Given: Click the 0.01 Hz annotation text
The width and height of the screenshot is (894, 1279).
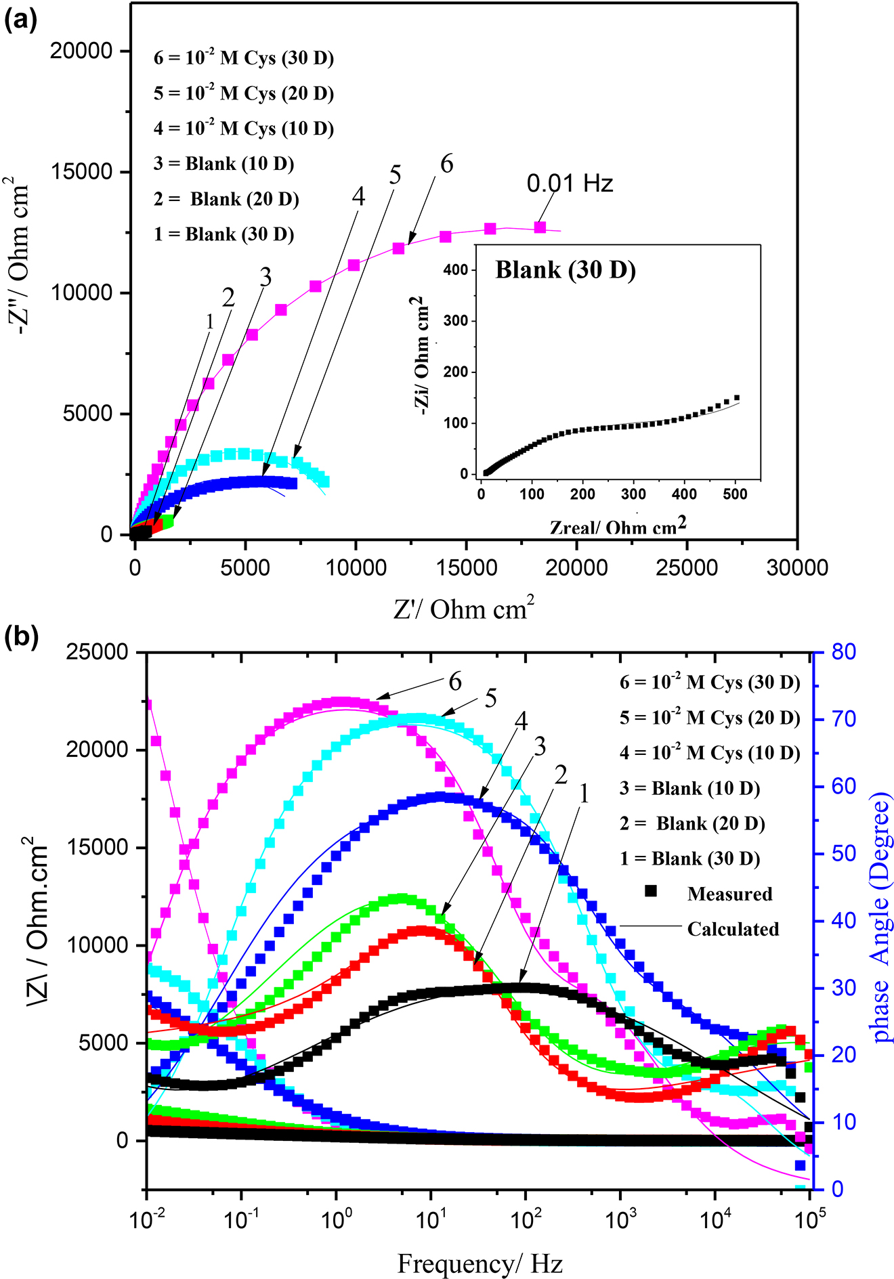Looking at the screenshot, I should pyautogui.click(x=570, y=183).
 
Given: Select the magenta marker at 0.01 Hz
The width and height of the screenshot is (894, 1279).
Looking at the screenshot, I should pyautogui.click(x=540, y=227).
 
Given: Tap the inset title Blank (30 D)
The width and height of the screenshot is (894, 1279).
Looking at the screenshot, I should pyautogui.click(x=566, y=270).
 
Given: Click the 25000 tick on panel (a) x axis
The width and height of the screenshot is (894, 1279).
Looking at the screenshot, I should pyautogui.click(x=686, y=567).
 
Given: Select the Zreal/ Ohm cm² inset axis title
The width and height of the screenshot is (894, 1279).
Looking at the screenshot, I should pyautogui.click(x=618, y=526).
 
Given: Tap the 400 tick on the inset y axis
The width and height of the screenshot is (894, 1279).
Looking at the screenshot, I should pyautogui.click(x=456, y=270).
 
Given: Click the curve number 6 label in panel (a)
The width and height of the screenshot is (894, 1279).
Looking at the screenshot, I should pyautogui.click(x=446, y=164).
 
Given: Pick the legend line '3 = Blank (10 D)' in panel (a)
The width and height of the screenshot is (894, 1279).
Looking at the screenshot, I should pyautogui.click(x=223, y=164).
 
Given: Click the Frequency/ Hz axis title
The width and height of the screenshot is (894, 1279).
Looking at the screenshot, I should pyautogui.click(x=480, y=1263).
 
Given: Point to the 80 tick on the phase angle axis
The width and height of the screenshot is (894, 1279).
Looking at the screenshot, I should pyautogui.click(x=844, y=652).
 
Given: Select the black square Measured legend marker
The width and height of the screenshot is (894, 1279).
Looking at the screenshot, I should pyautogui.click(x=650, y=891).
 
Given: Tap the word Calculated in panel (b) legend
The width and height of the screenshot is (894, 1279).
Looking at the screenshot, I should pyautogui.click(x=733, y=929).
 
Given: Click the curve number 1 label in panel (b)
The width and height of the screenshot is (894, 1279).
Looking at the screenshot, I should pyautogui.click(x=584, y=794).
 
